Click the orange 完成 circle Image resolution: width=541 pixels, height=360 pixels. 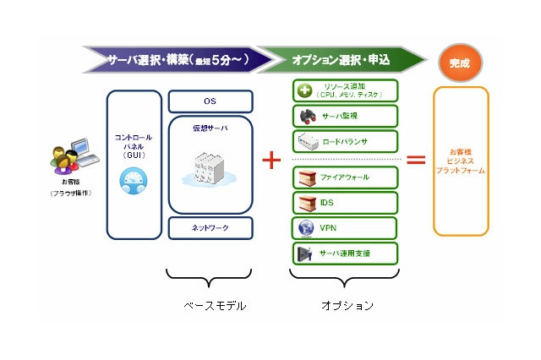pos(460,62)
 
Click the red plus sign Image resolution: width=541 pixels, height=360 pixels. pos(271,160)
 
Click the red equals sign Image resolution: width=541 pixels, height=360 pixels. pos(416,159)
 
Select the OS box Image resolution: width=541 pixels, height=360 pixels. pos(210,101)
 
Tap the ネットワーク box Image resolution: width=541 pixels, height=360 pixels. pos(210,228)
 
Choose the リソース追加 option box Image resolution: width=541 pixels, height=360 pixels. pos(345,90)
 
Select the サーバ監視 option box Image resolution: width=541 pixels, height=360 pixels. pos(345,116)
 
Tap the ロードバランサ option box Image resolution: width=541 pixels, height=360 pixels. pos(345,141)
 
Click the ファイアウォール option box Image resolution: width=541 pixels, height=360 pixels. pos(345,178)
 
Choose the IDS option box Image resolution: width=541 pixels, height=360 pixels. pos(345,203)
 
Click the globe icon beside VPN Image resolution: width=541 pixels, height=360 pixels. pos(306,228)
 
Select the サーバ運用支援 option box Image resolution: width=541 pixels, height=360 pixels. pos(345,253)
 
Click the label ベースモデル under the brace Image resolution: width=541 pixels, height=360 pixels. pos(215,305)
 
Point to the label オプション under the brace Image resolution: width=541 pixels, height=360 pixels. pos(347,305)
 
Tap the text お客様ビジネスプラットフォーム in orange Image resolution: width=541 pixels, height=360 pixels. pos(461,161)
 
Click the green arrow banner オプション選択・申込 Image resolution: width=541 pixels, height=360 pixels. pos(342,61)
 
